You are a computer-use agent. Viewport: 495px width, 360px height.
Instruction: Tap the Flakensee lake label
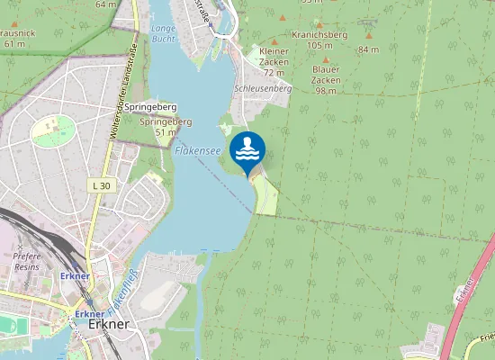point(197,151)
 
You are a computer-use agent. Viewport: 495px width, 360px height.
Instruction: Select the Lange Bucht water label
point(164,34)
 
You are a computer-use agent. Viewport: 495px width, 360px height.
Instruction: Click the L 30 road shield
point(102,185)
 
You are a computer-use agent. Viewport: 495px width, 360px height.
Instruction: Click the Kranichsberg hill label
point(319,34)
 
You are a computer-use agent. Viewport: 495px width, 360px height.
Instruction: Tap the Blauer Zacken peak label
point(326,75)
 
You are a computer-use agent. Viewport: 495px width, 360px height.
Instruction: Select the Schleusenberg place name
point(263,89)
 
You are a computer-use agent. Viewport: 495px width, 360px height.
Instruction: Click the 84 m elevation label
point(368,49)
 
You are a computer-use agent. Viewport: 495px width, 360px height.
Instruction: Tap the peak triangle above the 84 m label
point(368,36)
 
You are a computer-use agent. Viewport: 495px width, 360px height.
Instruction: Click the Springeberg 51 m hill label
point(166,127)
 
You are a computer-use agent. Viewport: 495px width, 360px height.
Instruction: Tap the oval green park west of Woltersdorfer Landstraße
point(53,131)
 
